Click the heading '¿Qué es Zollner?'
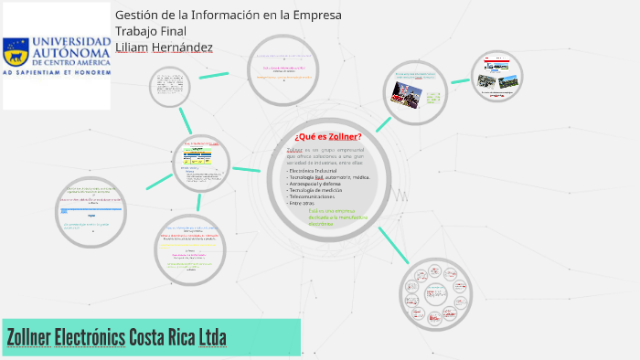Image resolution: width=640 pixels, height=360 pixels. [x=327, y=136]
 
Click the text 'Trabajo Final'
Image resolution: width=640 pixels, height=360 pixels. [x=151, y=31]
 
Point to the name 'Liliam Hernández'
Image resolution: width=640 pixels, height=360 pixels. [x=164, y=47]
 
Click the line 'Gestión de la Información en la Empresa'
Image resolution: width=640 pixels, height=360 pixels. [x=228, y=16]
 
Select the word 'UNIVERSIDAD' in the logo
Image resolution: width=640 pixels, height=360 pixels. [x=69, y=40]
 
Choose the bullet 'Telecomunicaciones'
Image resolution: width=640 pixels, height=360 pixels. [x=317, y=196]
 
